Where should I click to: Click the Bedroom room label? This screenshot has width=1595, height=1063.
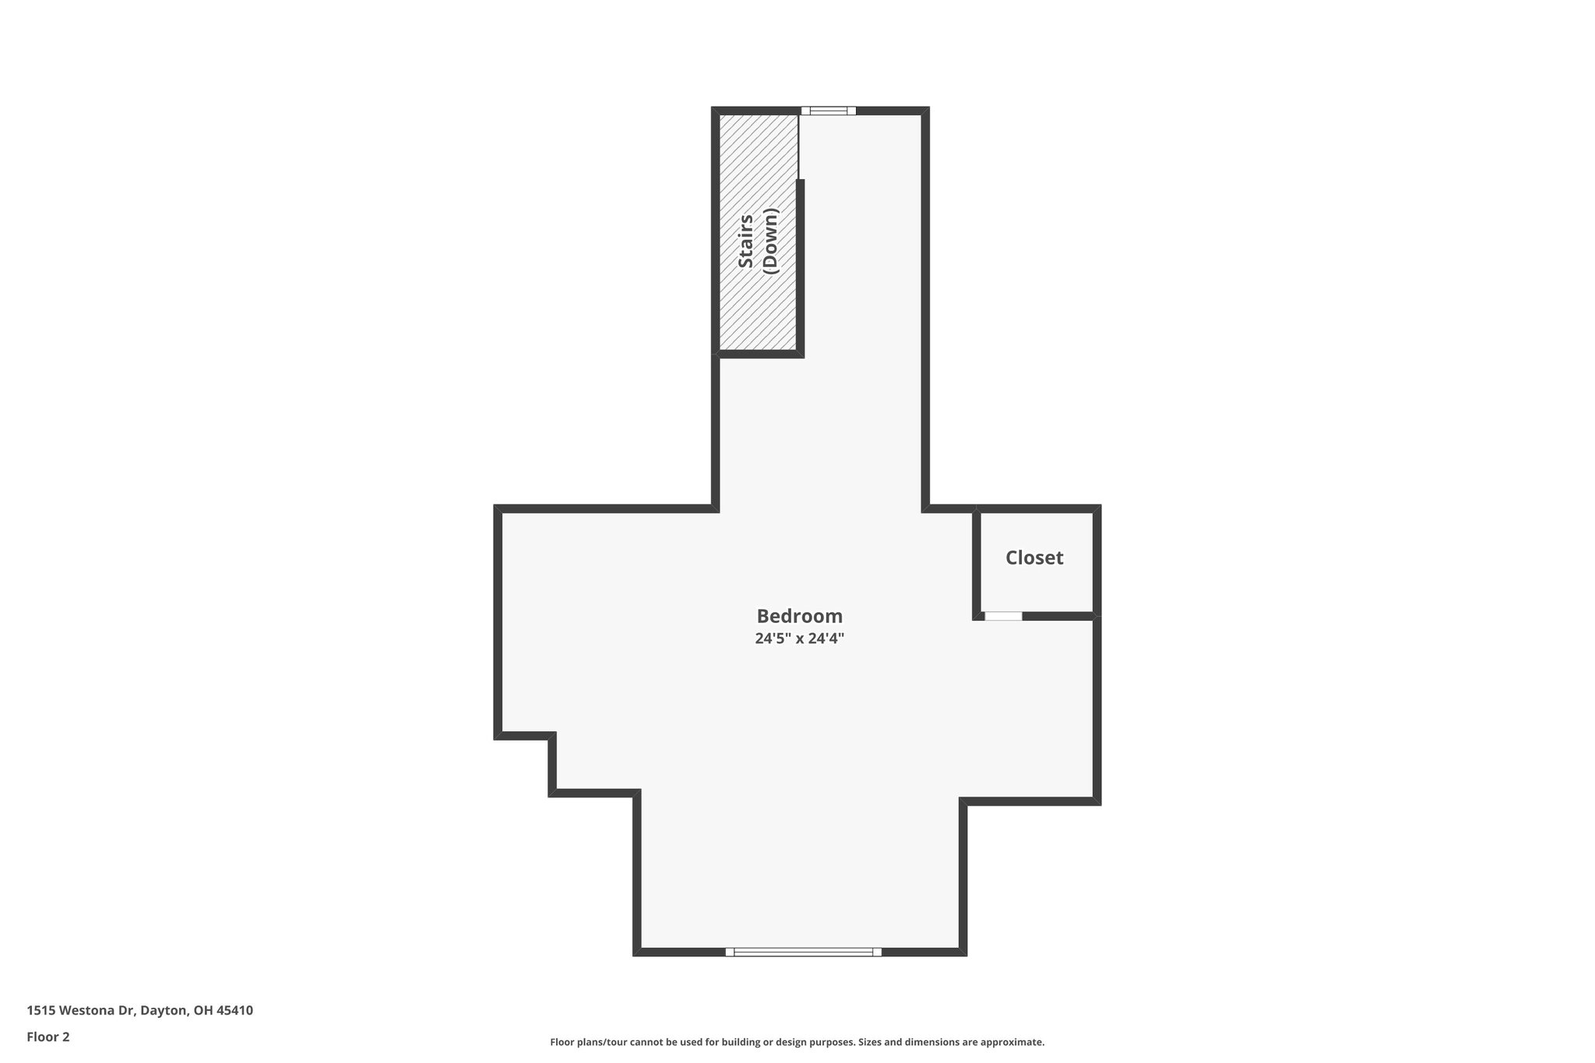pyautogui.click(x=799, y=616)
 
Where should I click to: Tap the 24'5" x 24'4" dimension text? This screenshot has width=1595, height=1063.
pyautogui.click(x=799, y=639)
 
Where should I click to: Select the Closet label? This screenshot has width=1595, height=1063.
pyautogui.click(x=1034, y=558)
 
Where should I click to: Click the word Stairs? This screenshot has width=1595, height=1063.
pyautogui.click(x=745, y=241)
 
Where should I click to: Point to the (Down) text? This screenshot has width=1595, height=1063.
pyautogui.click(x=771, y=241)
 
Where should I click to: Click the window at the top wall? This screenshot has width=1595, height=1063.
pyautogui.click(x=828, y=111)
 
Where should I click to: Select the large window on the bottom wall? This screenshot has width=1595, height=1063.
pyautogui.click(x=803, y=952)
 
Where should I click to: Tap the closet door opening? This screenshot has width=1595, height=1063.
pyautogui.click(x=1003, y=616)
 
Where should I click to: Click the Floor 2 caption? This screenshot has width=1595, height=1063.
pyautogui.click(x=48, y=1037)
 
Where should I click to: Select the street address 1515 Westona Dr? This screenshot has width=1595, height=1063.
pyautogui.click(x=81, y=1010)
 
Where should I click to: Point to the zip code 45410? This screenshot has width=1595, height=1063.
pyautogui.click(x=234, y=1010)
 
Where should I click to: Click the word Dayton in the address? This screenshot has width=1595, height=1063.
pyautogui.click(x=164, y=1010)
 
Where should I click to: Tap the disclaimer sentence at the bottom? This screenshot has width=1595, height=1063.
pyautogui.click(x=797, y=1042)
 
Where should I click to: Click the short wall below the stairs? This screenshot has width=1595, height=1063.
pyautogui.click(x=760, y=354)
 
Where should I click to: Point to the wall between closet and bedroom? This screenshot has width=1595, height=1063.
pyautogui.click(x=977, y=562)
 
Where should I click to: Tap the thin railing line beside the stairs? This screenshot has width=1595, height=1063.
pyautogui.click(x=798, y=146)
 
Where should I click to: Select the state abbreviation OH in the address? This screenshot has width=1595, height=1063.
pyautogui.click(x=202, y=1010)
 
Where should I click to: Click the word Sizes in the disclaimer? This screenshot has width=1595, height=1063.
pyautogui.click(x=871, y=1042)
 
